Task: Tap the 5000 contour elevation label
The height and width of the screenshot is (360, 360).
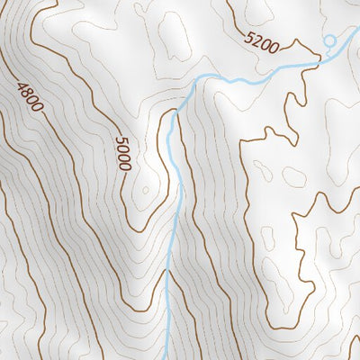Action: point(123,154)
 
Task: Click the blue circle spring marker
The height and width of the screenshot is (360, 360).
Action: point(329,40)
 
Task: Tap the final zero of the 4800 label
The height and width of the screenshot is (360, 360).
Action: point(37,108)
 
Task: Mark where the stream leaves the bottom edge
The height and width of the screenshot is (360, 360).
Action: point(168,357)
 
